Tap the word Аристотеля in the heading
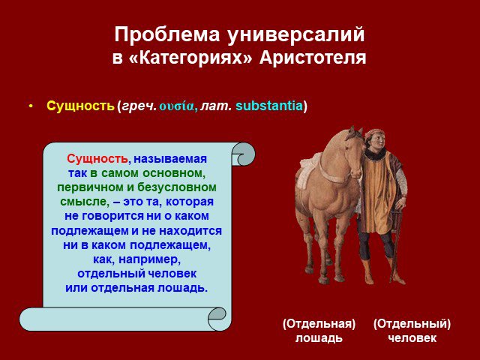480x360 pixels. (x=313, y=58)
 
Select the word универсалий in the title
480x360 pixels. (x=296, y=34)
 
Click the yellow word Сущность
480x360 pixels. (x=80, y=106)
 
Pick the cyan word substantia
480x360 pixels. (x=269, y=106)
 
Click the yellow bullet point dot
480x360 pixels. (x=31, y=106)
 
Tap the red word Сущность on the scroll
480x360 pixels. (x=97, y=159)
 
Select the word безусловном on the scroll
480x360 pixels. (x=177, y=187)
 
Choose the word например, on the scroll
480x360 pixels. (x=150, y=259)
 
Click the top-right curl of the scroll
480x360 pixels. (x=243, y=154)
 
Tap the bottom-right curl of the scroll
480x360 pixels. (x=218, y=319)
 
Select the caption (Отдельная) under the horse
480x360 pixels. (x=319, y=324)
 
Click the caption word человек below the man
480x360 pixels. (x=412, y=338)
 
